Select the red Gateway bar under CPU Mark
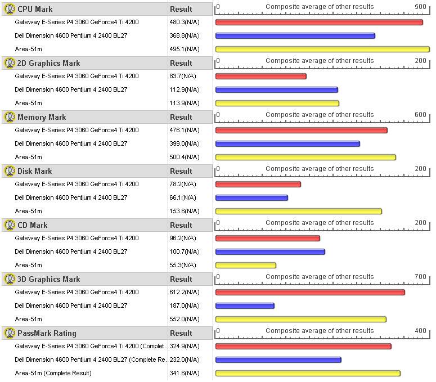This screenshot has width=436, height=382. point(318,23)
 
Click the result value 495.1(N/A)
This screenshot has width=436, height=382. point(184,50)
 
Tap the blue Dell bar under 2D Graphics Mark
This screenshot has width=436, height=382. point(276,90)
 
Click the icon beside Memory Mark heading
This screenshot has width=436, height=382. point(9,117)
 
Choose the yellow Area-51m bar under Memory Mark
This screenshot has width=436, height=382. point(305,158)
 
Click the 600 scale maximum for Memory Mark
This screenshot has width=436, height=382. point(421,115)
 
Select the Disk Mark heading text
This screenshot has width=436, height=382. point(34,171)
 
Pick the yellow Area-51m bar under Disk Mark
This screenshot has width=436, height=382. point(298,212)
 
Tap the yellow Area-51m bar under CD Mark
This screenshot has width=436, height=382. point(245,266)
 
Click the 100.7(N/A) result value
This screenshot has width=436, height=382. point(184,252)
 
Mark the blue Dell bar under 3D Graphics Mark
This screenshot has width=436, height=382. point(245,306)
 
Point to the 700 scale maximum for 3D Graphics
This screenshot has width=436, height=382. point(421,277)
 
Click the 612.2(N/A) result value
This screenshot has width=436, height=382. point(184,293)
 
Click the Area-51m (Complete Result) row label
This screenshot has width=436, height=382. point(53,374)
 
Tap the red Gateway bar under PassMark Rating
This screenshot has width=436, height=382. point(303,347)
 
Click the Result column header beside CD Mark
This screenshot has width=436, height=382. point(181,225)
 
